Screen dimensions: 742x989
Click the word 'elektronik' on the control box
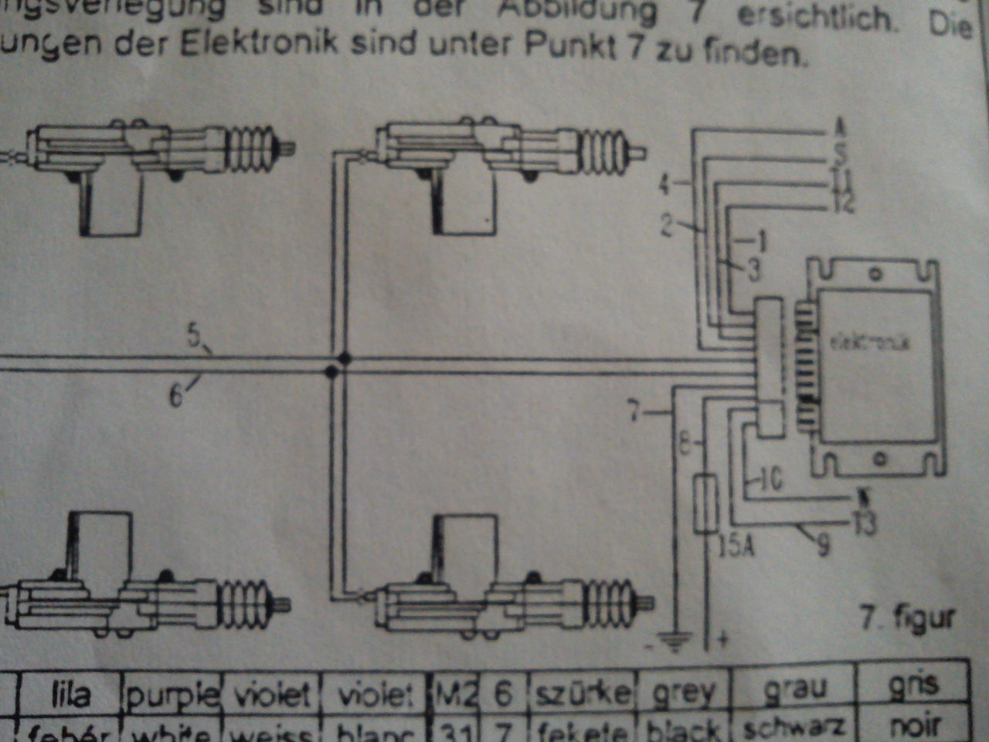(870, 341)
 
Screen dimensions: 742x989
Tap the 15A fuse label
(736, 546)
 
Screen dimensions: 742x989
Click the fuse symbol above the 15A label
(705, 503)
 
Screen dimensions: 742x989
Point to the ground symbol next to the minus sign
(674, 642)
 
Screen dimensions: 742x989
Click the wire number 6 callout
(176, 397)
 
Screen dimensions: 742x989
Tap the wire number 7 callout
(634, 412)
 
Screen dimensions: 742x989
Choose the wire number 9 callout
(823, 546)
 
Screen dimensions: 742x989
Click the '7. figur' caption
(907, 618)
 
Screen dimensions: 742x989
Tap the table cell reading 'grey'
(684, 693)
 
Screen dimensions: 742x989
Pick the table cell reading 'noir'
(913, 726)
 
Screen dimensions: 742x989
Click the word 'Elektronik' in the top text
(259, 43)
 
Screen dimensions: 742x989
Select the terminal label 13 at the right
(865, 523)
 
